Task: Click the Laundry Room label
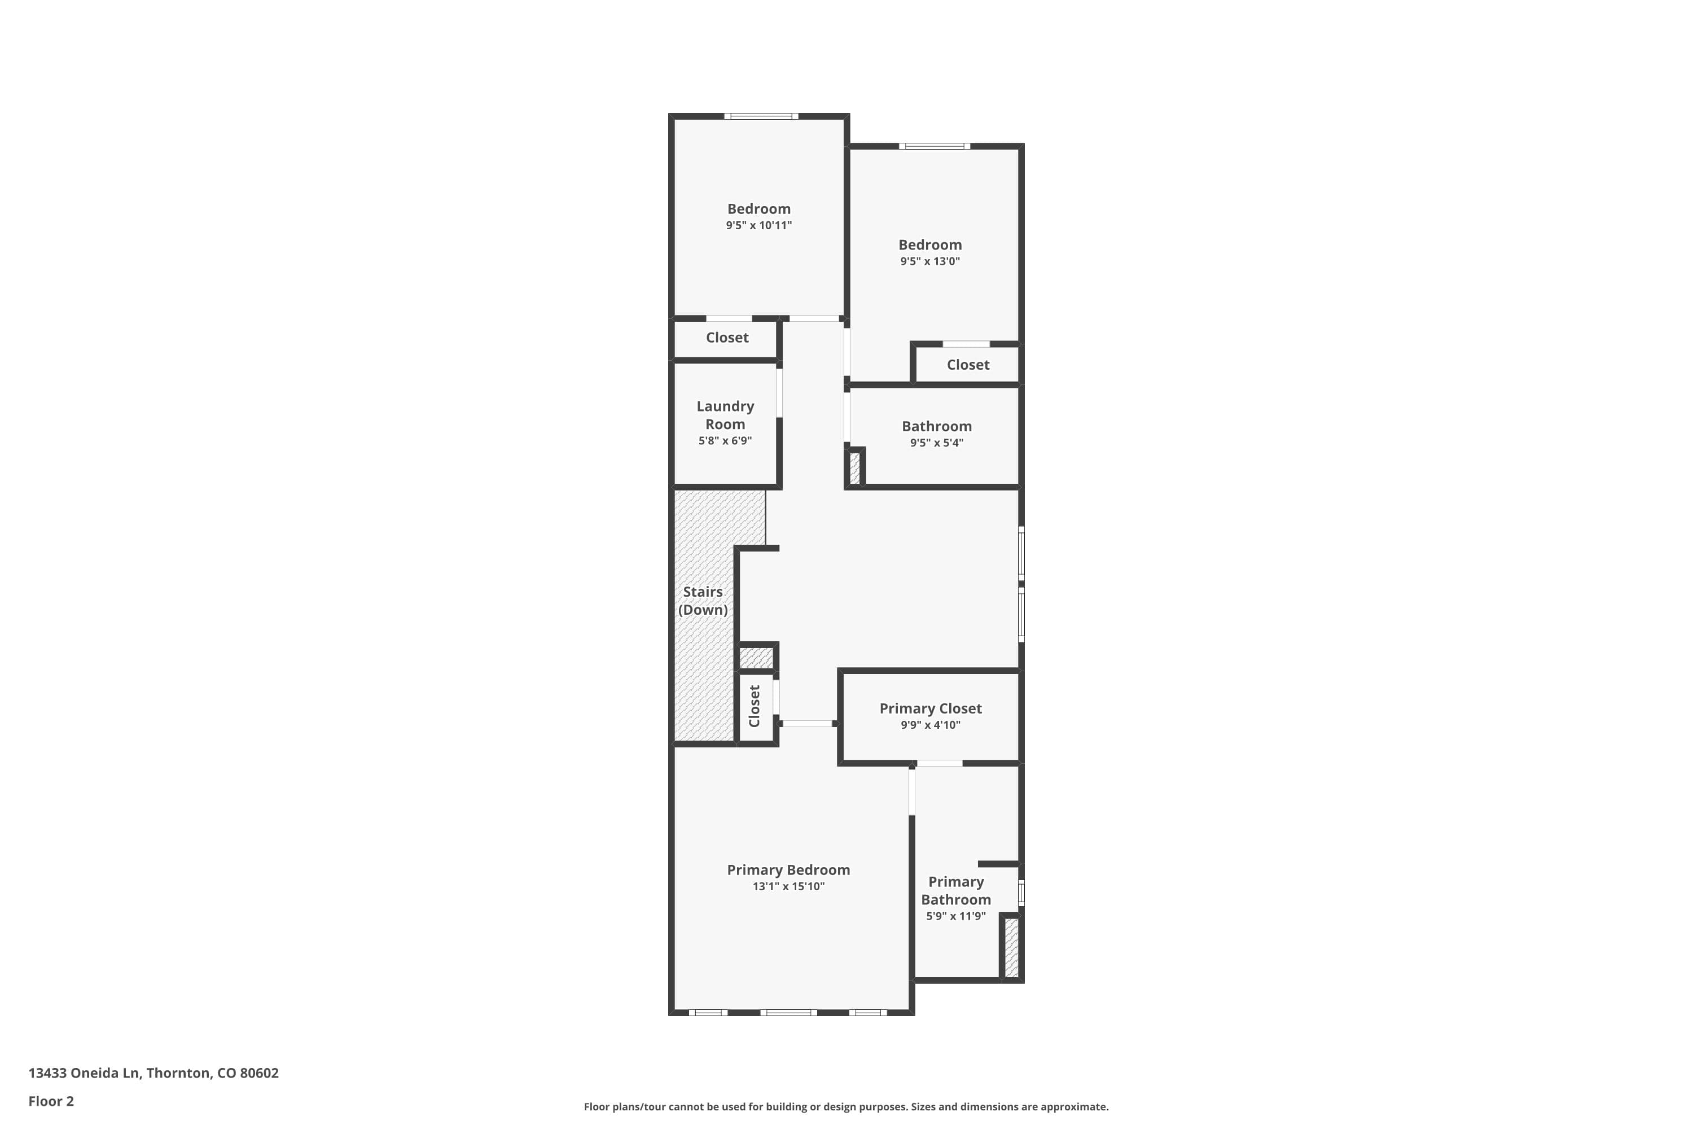[725, 415]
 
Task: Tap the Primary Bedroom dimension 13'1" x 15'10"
[788, 886]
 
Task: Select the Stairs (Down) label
[703, 601]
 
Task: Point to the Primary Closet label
[930, 708]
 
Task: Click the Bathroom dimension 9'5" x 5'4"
[936, 443]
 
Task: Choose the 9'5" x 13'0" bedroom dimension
[929, 261]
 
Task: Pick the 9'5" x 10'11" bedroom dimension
[758, 225]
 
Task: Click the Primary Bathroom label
[956, 891]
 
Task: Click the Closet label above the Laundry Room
[727, 338]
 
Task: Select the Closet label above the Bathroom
[967, 365]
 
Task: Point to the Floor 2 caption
[51, 1101]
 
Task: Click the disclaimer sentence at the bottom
[846, 1106]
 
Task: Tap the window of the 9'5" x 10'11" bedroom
[761, 116]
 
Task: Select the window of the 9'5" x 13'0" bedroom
[933, 146]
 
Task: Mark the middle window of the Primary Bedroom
[788, 1012]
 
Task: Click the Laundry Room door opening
[779, 392]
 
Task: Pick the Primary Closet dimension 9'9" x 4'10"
[930, 725]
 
